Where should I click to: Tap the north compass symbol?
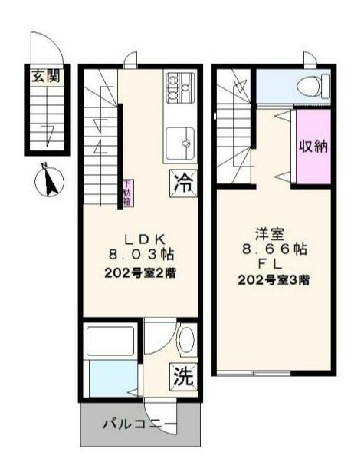[48, 182]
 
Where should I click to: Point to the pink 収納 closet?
[313, 146]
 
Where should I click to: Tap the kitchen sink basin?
[182, 142]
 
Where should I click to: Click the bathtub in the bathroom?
[111, 341]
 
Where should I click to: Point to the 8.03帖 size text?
[141, 256]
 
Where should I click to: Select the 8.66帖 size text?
[274, 249]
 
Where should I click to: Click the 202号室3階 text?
[274, 280]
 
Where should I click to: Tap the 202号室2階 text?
[142, 273]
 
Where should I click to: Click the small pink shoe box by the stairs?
[127, 192]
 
